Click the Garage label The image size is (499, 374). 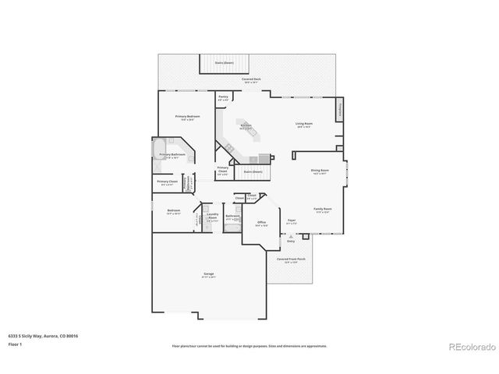209,274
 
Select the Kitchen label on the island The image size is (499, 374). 245,126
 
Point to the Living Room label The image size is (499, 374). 303,124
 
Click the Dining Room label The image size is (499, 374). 320,170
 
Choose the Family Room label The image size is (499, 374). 322,210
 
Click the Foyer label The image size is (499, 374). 291,221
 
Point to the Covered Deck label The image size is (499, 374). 251,79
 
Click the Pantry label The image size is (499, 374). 223,97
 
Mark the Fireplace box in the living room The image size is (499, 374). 340,110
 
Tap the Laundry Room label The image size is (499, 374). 211,218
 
